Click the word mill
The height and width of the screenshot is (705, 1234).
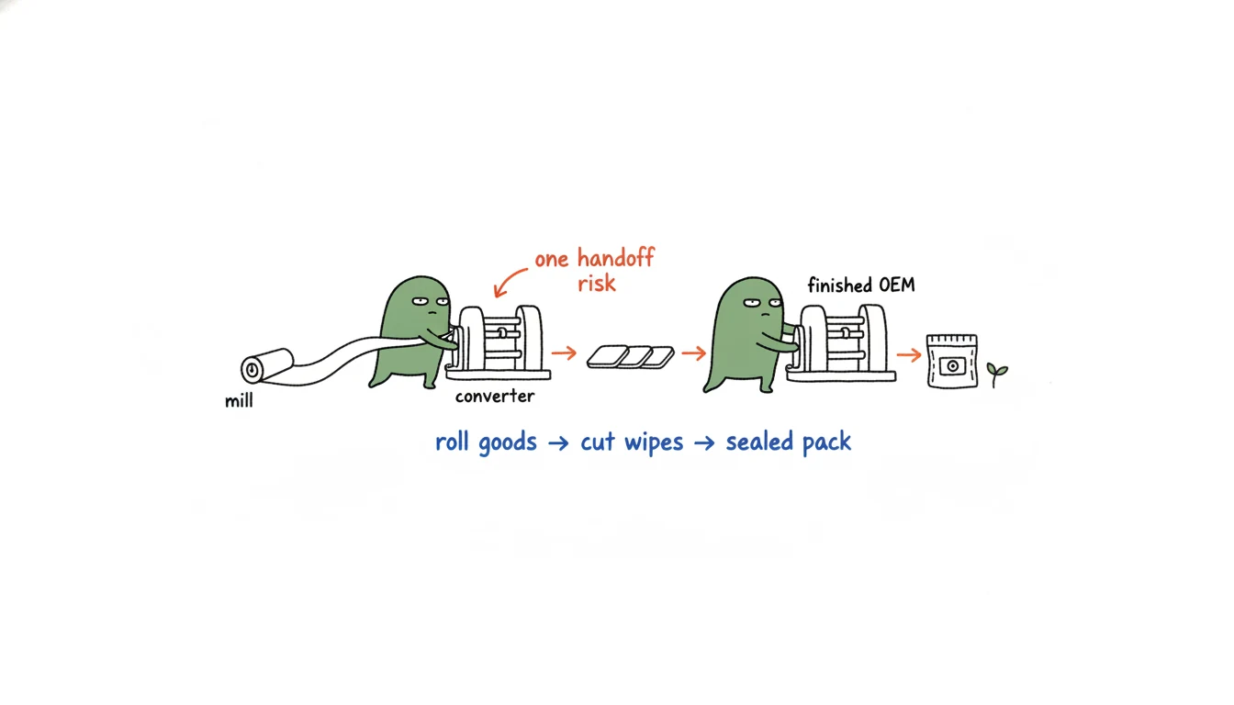click(239, 400)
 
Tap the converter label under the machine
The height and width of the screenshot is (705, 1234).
click(495, 396)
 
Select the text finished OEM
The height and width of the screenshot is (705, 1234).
click(861, 285)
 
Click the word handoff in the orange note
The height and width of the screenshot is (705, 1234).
click(615, 258)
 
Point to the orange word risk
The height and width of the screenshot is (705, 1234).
click(597, 283)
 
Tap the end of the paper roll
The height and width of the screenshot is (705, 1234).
click(252, 370)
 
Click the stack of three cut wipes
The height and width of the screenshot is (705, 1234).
click(630, 357)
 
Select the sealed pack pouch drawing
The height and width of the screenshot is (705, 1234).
click(952, 361)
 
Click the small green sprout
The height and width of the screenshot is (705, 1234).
click(996, 374)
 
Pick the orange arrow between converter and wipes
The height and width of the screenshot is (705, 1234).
click(564, 352)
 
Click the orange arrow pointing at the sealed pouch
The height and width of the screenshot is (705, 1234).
click(909, 354)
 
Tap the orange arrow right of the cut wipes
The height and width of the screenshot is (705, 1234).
click(693, 353)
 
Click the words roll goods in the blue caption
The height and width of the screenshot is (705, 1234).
click(486, 442)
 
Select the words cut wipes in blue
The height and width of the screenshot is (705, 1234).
click(632, 442)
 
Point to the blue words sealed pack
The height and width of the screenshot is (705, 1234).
click(789, 442)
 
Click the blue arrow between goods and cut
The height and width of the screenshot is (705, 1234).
click(558, 443)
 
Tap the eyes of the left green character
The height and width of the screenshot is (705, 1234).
click(431, 301)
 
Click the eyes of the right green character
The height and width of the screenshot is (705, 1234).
click(762, 302)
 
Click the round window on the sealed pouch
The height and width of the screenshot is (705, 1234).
click(952, 365)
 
